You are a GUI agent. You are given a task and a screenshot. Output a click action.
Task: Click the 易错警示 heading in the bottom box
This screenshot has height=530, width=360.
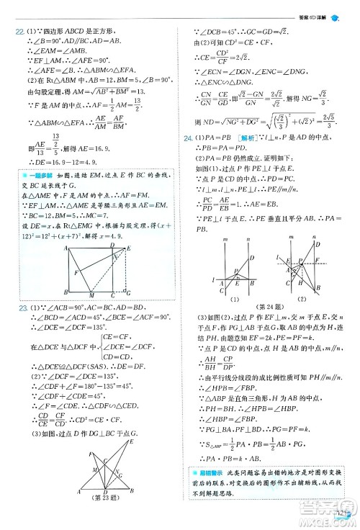[209, 471]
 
